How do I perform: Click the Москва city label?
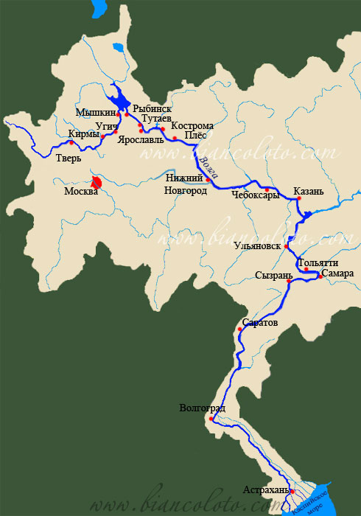81,193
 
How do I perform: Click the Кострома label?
192,127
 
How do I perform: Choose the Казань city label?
308,192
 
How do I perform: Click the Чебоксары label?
254,196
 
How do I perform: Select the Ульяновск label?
258,245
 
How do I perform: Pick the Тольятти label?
318,263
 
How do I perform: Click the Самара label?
338,273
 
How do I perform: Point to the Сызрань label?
270,275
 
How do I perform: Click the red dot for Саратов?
240,330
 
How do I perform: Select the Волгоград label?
202,408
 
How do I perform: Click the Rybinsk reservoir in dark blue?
116,102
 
